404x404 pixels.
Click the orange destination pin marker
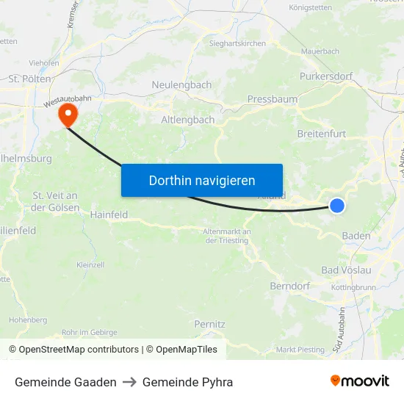point(68,114)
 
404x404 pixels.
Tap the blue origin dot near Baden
point(337,206)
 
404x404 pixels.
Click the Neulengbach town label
point(181,85)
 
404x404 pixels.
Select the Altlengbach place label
point(188,119)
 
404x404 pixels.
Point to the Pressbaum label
point(273,98)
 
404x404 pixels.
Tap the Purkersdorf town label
point(326,76)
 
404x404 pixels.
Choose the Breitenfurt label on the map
point(322,134)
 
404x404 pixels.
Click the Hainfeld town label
point(109,215)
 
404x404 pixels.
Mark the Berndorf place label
point(290,286)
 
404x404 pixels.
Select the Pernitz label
point(209,324)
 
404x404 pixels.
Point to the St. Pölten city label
point(30,79)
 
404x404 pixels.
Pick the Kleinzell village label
point(91,264)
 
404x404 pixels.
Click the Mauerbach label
point(320,52)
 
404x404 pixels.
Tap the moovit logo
point(360,381)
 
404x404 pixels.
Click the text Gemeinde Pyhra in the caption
point(187,382)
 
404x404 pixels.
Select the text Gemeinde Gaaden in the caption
point(65,382)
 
